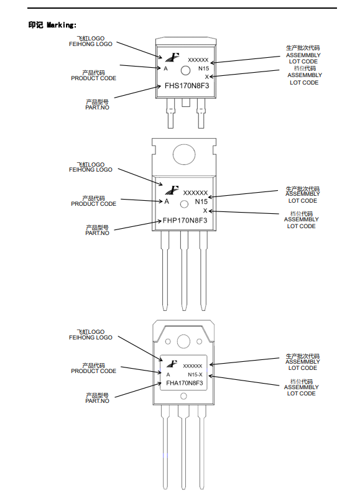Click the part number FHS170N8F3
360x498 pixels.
tap(187, 86)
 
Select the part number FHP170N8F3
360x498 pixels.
tap(185, 221)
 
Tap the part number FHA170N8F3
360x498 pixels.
tap(184, 383)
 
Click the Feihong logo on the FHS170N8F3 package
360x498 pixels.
tap(172, 57)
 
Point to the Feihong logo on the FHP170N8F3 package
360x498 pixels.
tap(172, 190)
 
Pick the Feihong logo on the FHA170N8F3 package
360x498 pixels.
tap(172, 364)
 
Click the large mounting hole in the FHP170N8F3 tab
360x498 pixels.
tap(184, 155)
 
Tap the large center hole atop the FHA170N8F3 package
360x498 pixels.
tap(183, 341)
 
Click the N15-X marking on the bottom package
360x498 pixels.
tap(195, 374)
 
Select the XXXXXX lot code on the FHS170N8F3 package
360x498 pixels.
tap(198, 60)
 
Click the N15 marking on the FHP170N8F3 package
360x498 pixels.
tap(201, 201)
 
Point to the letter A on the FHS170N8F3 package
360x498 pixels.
tap(165, 68)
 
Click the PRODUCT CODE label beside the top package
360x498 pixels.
tap(94, 78)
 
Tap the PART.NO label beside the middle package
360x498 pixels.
tap(97, 233)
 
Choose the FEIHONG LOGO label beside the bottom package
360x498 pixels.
tap(91, 338)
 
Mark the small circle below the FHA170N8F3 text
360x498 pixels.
tap(183, 396)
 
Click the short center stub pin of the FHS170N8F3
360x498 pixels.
tap(186, 102)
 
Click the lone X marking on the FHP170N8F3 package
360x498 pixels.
tap(205, 211)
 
